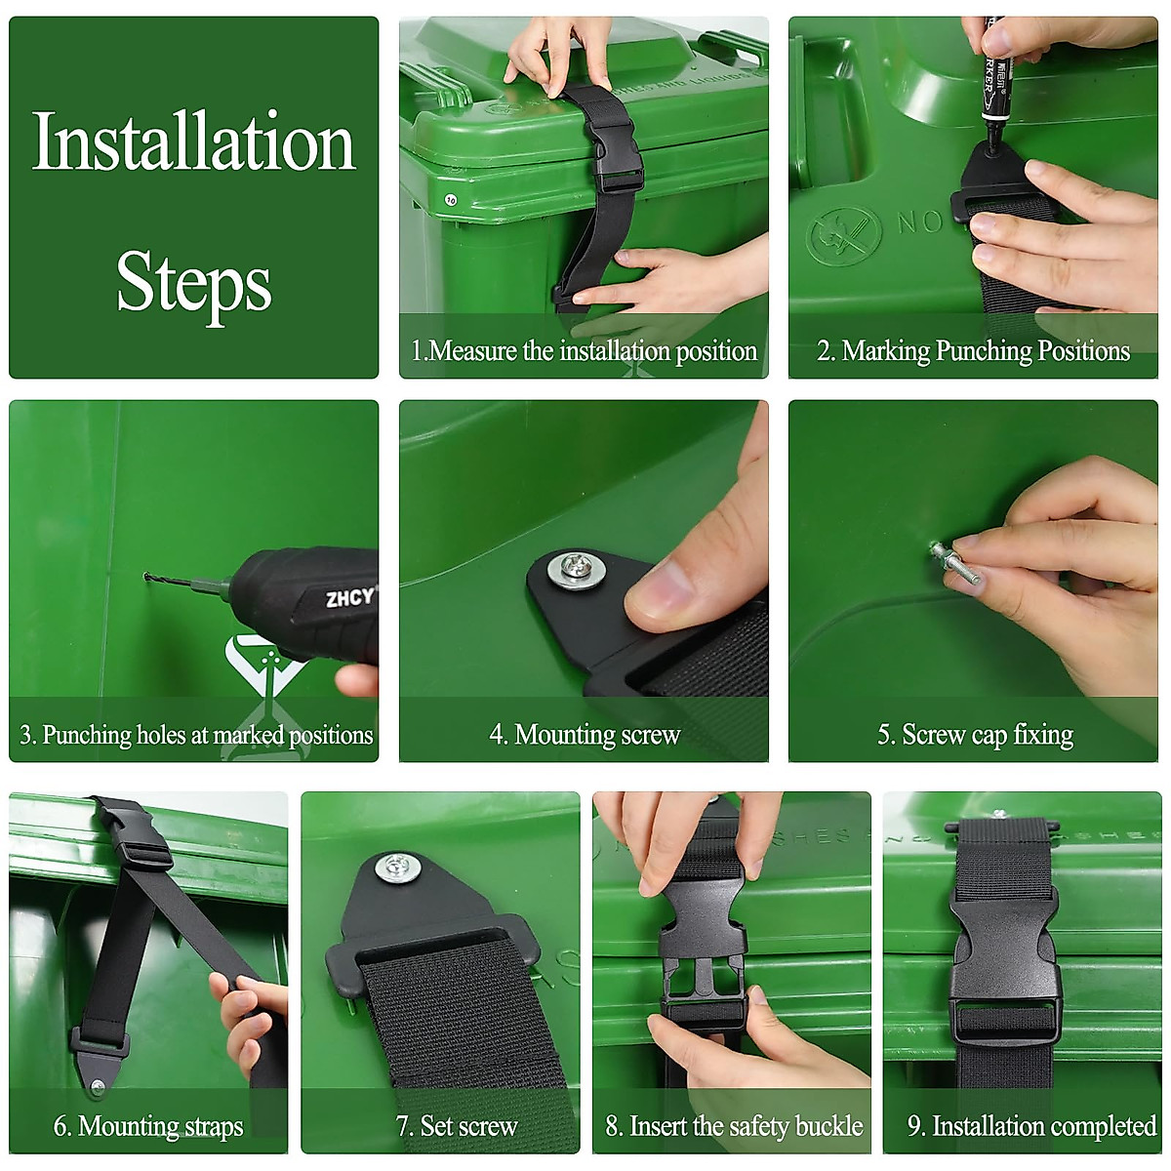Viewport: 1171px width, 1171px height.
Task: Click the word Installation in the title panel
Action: [x=194, y=141]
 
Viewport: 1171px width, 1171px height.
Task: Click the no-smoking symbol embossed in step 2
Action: [x=843, y=236]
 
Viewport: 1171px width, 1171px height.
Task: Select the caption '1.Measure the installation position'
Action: [x=584, y=351]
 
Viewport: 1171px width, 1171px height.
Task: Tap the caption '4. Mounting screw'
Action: [x=585, y=735]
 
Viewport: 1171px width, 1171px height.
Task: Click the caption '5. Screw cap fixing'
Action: [x=975, y=735]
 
